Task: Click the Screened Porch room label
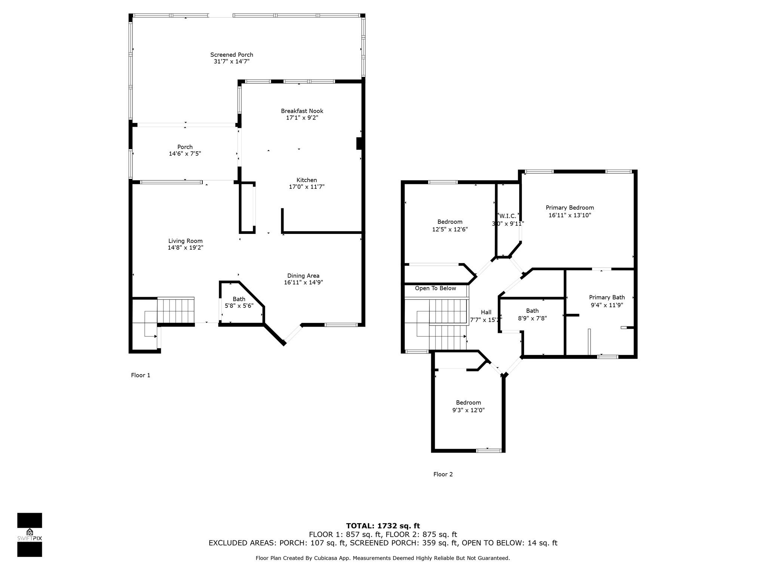coord(232,55)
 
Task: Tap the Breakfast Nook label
coord(302,111)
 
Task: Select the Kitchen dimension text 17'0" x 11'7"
coord(307,187)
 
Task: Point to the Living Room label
coord(185,241)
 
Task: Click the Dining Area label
coord(303,276)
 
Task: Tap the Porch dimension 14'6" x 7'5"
coord(185,154)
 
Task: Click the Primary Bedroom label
coord(570,208)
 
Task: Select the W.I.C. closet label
coord(508,216)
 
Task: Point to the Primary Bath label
coord(607,297)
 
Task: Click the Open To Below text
coord(435,288)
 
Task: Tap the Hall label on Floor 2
coord(486,312)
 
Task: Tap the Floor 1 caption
coord(141,375)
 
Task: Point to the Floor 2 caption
coord(443,474)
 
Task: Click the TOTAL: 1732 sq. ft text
coord(383,526)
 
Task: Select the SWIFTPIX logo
coord(30,535)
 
